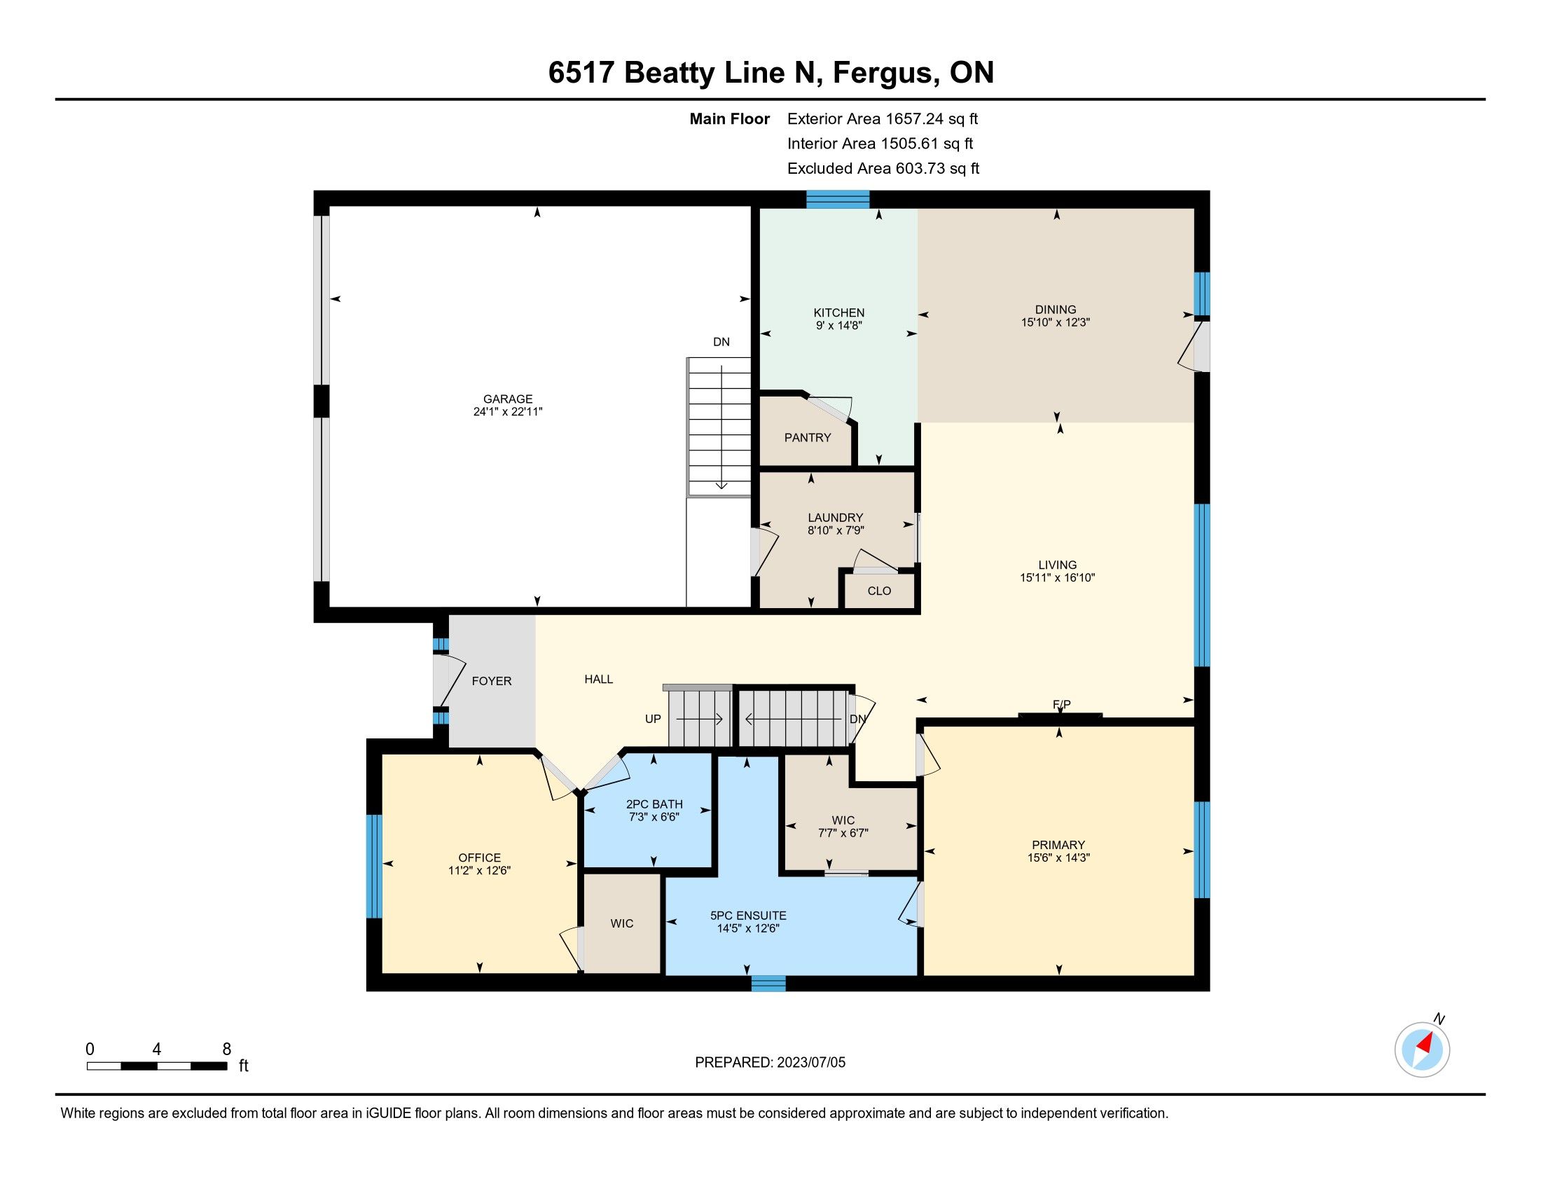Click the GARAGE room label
[508, 399]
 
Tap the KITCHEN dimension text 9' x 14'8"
[839, 325]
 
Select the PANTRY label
[808, 437]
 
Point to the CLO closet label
[879, 591]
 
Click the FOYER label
[492, 681]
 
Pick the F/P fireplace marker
[1061, 704]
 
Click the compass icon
[1423, 1049]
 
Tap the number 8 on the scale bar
[226, 1049]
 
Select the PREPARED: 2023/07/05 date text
[770, 1063]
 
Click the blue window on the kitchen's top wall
[838, 200]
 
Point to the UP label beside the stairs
[653, 719]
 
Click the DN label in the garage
[721, 342]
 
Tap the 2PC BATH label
[654, 804]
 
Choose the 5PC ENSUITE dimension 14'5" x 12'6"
[748, 928]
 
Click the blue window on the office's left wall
[374, 867]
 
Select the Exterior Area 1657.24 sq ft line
[883, 119]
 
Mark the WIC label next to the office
[621, 923]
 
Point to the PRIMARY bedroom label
[1058, 846]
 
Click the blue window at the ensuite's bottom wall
[768, 983]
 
